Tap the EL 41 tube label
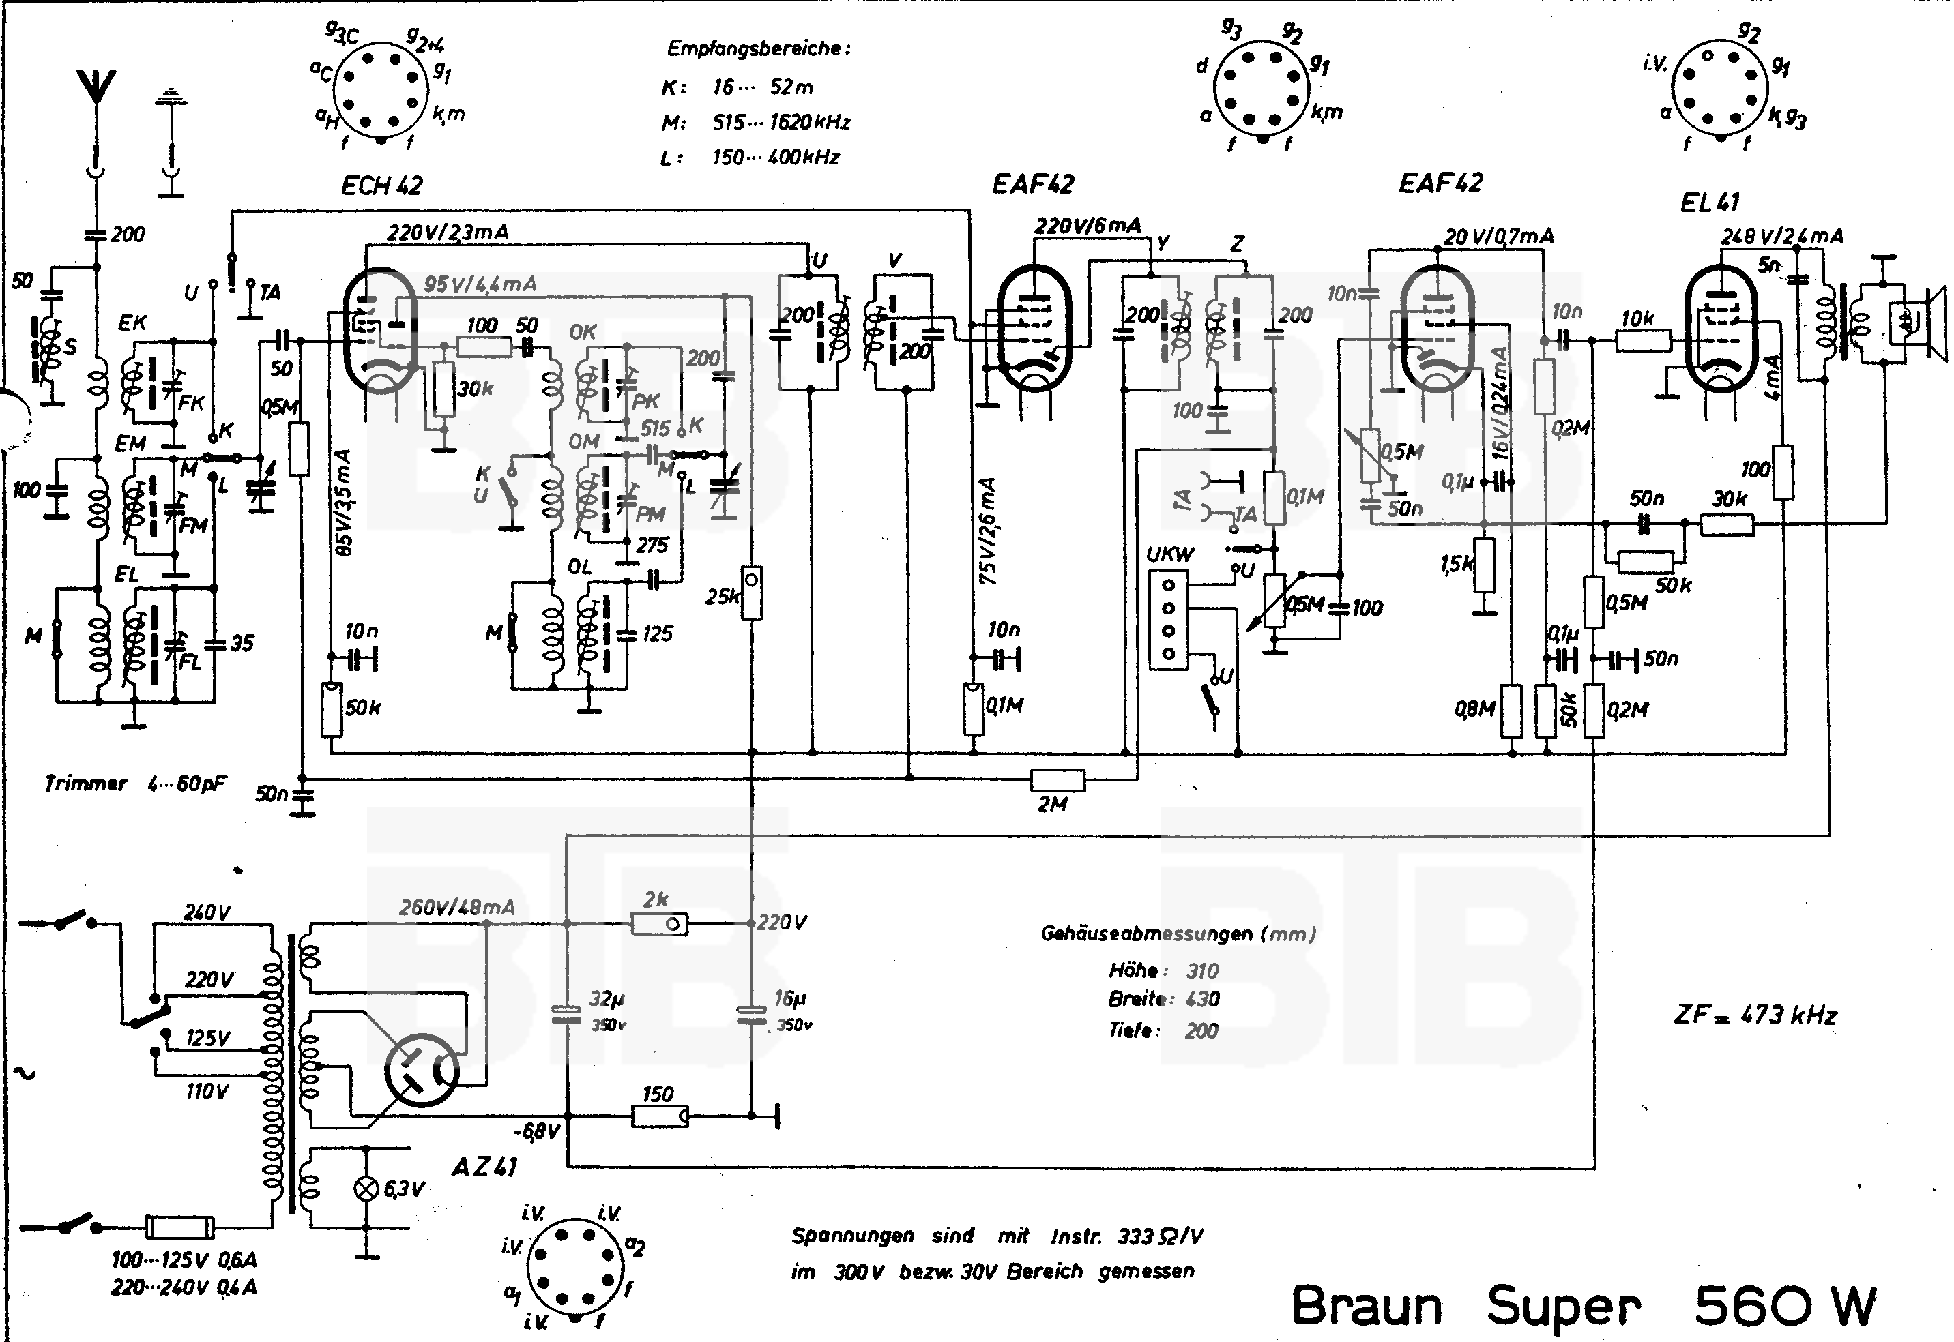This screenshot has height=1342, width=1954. pos(1709,203)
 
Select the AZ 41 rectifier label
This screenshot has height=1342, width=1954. pos(484,1166)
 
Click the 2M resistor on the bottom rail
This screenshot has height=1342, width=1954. pos(1058,780)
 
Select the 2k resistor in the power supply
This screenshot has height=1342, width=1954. pos(658,924)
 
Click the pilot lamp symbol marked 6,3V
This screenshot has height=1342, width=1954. pos(366,1188)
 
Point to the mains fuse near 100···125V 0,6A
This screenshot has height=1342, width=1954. pos(179,1227)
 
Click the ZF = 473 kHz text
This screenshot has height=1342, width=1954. pos(1755,1015)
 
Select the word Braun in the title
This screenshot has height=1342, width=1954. pos(1366,1306)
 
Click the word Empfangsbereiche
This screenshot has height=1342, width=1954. pos(758,49)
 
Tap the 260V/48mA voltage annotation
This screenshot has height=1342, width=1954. pos(456,907)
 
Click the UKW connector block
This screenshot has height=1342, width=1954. pos(1167,621)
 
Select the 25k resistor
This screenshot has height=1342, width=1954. pos(751,593)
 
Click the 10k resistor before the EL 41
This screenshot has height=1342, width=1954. pos(1642,340)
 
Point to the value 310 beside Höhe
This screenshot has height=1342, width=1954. pos(1202,970)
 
